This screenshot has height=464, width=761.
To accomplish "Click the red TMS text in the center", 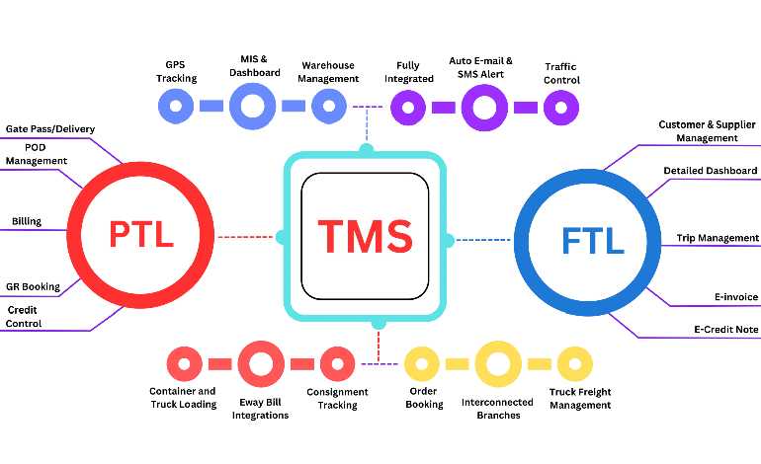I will coord(365,237).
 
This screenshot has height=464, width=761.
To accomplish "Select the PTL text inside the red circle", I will coord(141,235).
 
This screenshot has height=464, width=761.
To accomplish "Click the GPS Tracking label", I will coord(177,72).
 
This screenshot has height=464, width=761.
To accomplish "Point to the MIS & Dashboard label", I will coord(253,65).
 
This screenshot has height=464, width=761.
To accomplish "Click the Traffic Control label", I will coord(561,73).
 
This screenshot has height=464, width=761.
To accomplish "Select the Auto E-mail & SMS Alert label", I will coord(481,66).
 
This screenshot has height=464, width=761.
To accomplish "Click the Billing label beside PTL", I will coord(26,221).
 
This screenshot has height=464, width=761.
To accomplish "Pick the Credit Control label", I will coord(24,316).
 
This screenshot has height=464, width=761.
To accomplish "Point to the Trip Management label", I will coord(718,238).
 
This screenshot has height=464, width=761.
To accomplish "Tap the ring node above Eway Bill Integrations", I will coord(261,363).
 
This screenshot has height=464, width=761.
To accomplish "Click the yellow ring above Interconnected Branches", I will coord(498,364).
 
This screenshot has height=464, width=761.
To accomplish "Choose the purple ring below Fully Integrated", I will coord(407,107).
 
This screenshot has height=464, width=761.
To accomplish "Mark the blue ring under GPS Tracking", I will coord(177,105).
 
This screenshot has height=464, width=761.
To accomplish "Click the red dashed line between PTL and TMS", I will coord(246,237).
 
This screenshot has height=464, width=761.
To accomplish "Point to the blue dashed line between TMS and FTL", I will coord(484,239).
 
